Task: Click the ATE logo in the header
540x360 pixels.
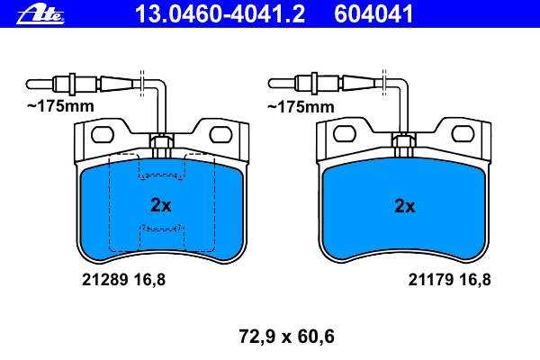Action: [x=40, y=15]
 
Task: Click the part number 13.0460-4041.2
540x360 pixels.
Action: [x=220, y=14]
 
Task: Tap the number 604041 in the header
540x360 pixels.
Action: [x=373, y=14]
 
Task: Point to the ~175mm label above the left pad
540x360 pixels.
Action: [x=60, y=106]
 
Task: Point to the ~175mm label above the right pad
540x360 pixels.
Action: [x=301, y=107]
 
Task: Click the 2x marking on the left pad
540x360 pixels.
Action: [x=161, y=205]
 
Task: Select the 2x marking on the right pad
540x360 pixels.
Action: [x=405, y=206]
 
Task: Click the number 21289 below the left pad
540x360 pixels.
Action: [x=104, y=280]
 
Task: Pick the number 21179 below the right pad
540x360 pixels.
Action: [x=430, y=280]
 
